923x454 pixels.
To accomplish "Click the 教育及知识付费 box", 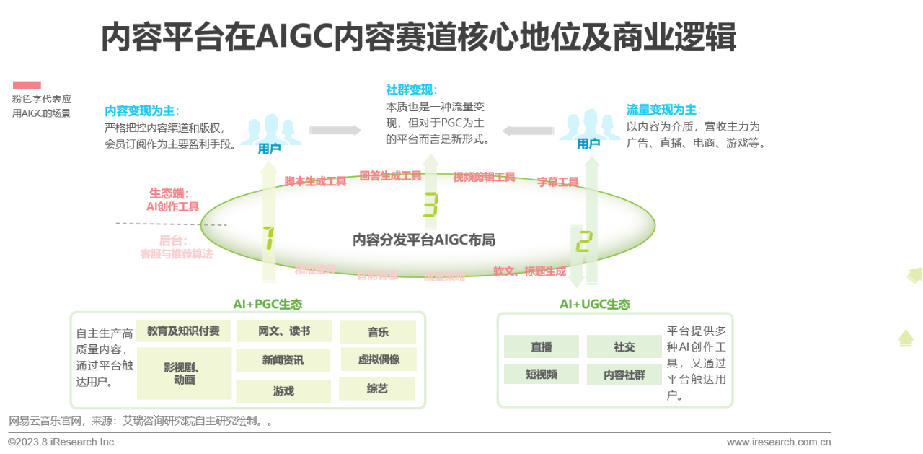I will pos(183,331).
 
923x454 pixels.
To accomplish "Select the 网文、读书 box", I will pos(283,331).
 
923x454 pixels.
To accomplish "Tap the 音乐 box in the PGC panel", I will pos(378,332).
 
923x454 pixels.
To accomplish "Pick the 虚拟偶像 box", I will pos(378,359).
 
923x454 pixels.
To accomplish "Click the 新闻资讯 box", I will pos(283,360).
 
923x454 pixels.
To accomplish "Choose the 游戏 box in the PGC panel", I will pos(283,390).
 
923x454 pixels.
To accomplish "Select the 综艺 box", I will pos(377,389).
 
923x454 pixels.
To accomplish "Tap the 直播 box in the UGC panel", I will pos(541,347).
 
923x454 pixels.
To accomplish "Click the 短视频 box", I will pos(541,374).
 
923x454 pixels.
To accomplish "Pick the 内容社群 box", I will pos(624,375).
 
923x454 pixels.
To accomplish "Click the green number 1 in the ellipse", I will pos(268,238).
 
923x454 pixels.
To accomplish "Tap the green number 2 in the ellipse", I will pos(583,241).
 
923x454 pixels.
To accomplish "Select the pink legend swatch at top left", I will pos(27,85).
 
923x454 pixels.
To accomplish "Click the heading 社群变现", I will pos(411,90).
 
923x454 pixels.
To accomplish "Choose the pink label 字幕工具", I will pos(557,182).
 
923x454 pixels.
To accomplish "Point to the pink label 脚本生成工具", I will pos(315,181).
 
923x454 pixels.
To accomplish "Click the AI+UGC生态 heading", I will pos(594,305).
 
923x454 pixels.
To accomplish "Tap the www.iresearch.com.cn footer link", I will pos(778,442).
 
